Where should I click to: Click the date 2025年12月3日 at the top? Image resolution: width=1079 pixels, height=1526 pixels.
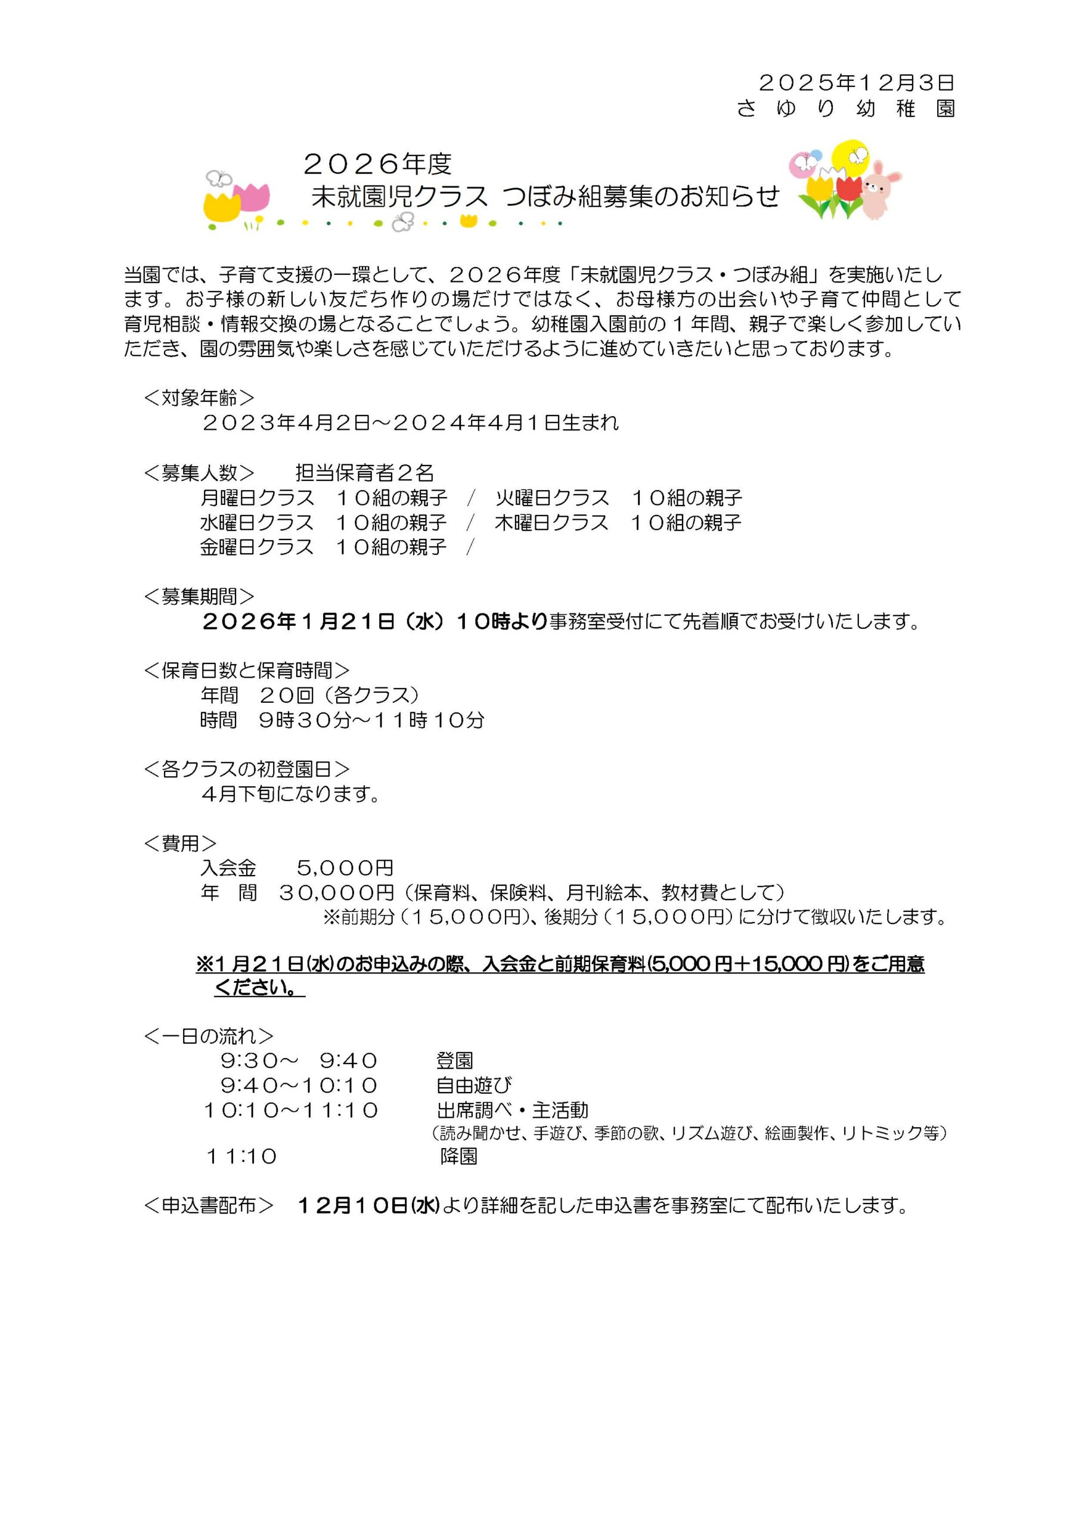point(855,82)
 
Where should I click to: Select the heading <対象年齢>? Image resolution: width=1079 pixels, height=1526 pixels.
point(199,398)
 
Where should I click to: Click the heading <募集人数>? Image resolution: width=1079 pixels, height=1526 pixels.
point(199,473)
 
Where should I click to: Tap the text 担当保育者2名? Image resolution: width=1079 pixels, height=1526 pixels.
point(364,473)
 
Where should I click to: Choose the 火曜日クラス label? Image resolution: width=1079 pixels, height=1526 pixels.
point(552,497)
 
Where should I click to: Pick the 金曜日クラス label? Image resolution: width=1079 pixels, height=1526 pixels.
point(256,547)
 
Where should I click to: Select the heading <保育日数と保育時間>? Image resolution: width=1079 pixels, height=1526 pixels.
point(247,670)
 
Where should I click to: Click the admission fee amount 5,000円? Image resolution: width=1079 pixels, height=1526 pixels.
point(345,867)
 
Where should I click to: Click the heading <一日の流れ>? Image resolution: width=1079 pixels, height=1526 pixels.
point(208,1035)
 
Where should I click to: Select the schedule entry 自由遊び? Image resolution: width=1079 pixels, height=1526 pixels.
point(473,1085)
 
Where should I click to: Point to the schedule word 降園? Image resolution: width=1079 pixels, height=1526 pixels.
point(459,1156)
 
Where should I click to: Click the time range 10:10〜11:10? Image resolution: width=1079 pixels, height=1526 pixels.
point(291,1110)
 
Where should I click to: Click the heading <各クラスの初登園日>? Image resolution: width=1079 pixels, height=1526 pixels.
point(247,769)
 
